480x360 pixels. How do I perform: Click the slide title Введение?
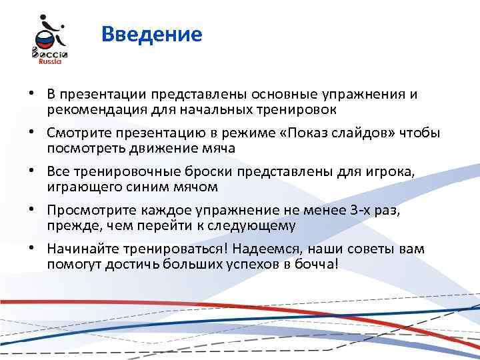coord(152,34)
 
